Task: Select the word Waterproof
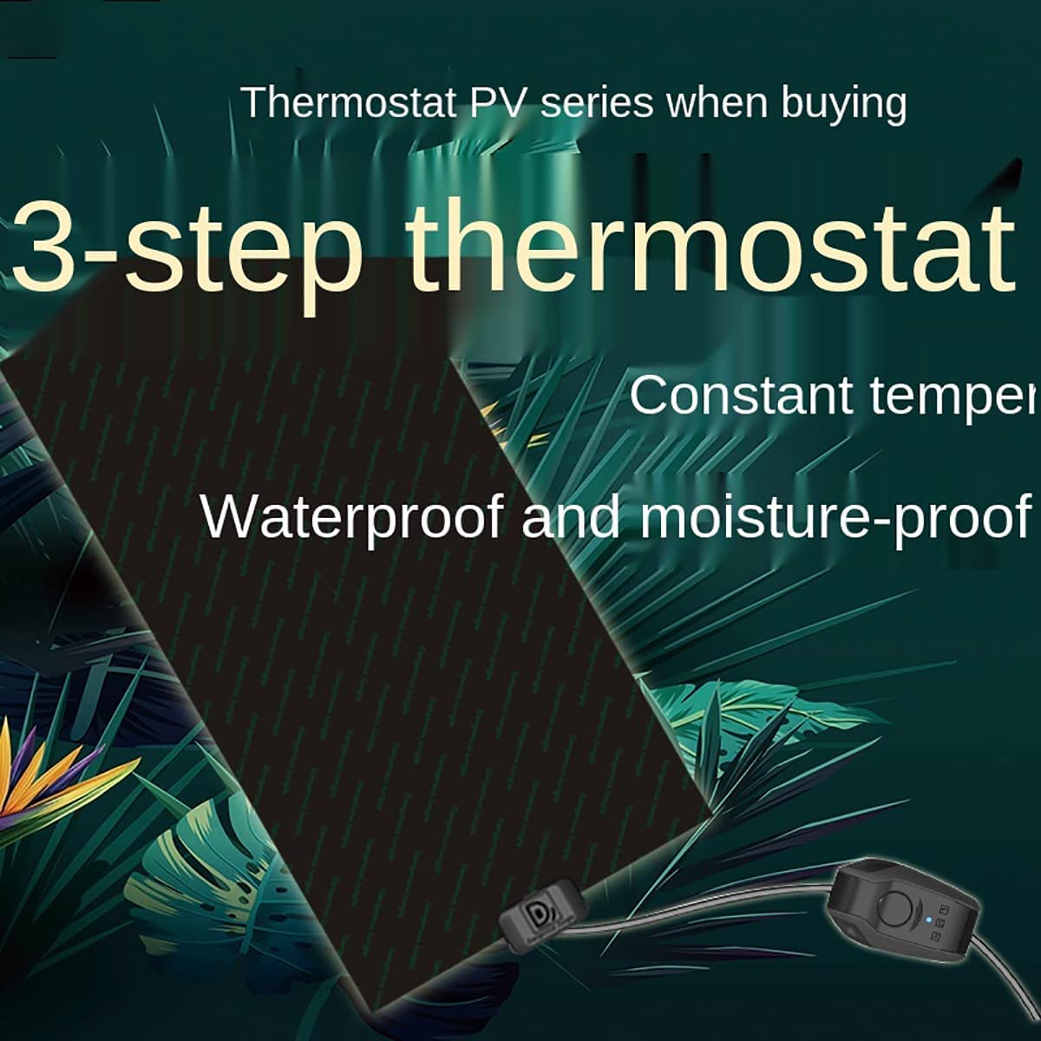(352, 518)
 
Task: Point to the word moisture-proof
(833, 518)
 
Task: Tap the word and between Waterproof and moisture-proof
(572, 516)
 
